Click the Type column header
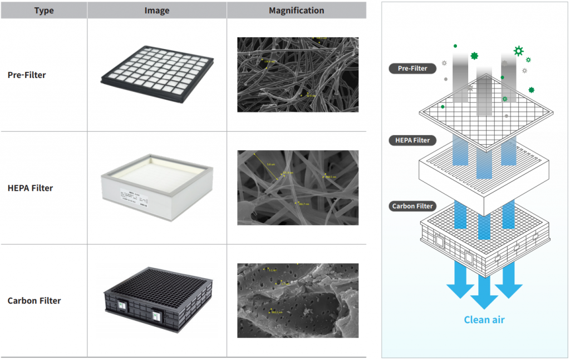coord(44,11)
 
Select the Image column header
coord(156,11)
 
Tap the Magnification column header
coord(296,11)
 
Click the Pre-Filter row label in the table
coord(27,75)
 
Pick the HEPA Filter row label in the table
coord(31,188)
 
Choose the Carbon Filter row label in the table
coord(34,300)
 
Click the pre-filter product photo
coord(157,68)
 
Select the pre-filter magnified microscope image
coord(298,75)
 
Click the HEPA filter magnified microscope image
coord(298,188)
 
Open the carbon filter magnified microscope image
coord(298,300)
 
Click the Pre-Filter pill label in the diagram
coord(412,68)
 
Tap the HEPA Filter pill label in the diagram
coord(413,140)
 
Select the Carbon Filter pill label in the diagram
coord(412,206)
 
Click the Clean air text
coord(484,319)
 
